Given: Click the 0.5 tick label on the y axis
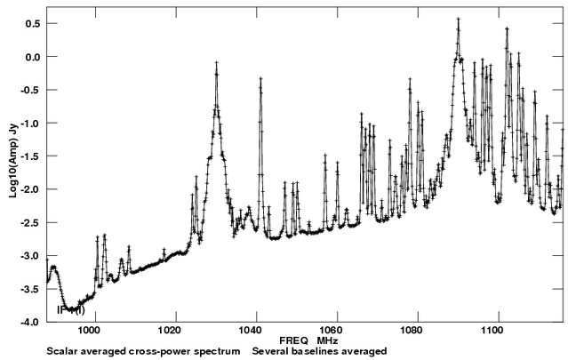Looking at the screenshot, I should (33, 24).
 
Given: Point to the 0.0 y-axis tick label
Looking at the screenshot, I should (33, 57).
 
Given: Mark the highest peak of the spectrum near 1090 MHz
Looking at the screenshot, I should (458, 19).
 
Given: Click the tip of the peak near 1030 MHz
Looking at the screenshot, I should (216, 63).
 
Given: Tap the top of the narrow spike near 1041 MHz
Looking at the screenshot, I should (260, 79).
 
